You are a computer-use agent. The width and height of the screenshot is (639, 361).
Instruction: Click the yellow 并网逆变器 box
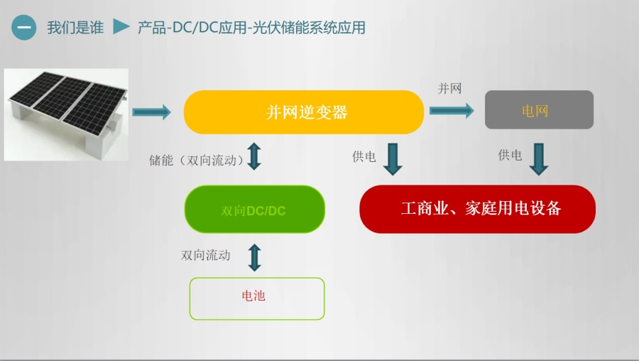304,112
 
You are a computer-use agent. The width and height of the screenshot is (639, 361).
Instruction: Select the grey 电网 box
539,109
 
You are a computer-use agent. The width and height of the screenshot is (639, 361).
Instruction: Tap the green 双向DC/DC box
255,209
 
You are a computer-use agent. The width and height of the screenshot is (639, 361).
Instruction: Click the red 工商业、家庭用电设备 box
477,209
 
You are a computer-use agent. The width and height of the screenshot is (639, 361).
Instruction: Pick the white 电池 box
257,298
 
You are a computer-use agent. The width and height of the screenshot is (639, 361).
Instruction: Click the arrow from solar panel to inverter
151,112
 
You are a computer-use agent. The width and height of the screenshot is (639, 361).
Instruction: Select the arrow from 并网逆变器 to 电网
452,110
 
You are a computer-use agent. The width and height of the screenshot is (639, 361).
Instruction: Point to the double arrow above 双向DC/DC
254,156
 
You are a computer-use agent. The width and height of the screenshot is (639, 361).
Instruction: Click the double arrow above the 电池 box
255,257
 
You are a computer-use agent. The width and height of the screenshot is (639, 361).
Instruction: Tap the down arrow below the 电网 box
539,159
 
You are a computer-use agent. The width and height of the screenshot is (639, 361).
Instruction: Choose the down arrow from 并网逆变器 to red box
393,159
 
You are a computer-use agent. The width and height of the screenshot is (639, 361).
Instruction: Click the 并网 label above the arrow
449,88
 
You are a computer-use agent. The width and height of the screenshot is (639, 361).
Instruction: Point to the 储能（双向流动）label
197,161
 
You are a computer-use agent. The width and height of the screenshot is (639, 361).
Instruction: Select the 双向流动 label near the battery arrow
206,255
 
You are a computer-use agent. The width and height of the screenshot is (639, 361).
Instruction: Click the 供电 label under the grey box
510,155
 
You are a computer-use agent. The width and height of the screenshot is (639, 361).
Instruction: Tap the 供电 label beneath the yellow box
364,156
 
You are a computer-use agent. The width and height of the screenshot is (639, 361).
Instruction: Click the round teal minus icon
23,27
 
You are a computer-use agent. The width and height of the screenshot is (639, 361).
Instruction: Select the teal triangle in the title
121,26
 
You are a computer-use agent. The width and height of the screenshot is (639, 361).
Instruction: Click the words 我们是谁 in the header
75,28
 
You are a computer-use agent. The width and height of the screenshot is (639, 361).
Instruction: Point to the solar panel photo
66,114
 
